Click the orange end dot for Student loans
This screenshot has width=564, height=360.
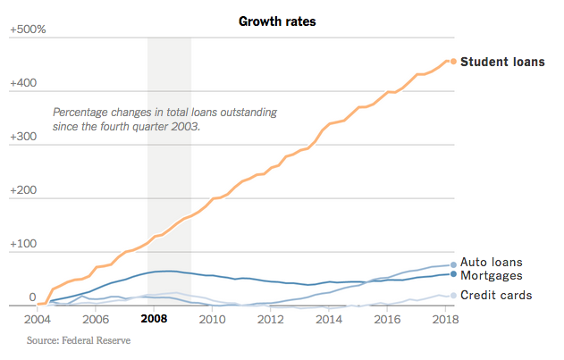tap(453, 62)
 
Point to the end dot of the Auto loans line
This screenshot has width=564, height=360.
tap(453, 264)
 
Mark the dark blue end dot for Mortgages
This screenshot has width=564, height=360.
tap(453, 273)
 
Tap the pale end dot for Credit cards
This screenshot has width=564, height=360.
tap(453, 295)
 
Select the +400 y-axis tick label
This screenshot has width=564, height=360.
tap(24, 84)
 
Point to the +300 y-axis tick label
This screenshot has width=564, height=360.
tap(24, 138)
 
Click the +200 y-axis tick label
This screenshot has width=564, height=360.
tap(24, 191)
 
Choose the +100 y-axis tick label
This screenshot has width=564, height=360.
tap(24, 245)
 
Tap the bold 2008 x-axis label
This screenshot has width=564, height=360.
tap(155, 318)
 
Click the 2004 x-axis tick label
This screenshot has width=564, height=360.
tap(38, 318)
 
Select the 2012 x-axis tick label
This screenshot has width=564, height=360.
tap(272, 318)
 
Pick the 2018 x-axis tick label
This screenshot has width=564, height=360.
tap(446, 318)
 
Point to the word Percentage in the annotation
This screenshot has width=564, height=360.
tap(81, 113)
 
